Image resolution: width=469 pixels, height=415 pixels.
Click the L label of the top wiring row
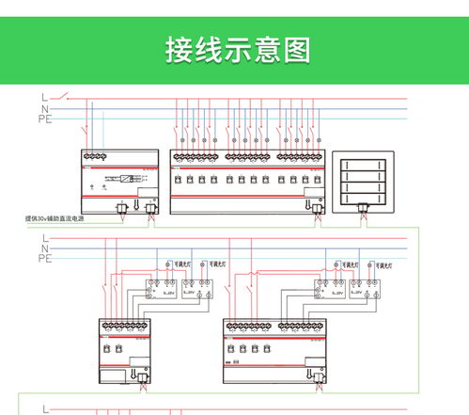pos(43,97)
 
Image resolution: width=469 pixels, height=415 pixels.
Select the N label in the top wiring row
pos(43,108)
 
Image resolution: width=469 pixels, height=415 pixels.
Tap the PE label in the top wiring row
pos(44,120)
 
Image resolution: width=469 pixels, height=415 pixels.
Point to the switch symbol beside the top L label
pos(64,96)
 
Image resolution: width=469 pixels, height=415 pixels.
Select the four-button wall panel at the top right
pos(362,178)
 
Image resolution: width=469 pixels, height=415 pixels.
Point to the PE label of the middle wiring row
pos(44,258)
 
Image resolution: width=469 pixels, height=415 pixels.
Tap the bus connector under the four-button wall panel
pos(361,214)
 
